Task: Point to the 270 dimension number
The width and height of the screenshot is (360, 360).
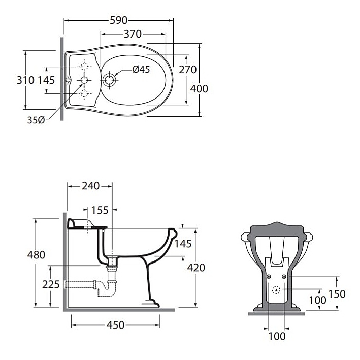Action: [187, 70]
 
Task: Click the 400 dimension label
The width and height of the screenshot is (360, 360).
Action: [199, 89]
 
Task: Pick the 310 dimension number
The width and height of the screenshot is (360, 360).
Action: [25, 80]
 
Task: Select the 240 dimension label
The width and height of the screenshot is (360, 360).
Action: [90, 186]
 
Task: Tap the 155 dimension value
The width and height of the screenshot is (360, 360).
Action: [100, 210]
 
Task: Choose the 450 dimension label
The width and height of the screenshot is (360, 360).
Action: [116, 325]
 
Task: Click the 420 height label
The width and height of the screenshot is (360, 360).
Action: [195, 267]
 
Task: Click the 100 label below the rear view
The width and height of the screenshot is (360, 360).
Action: [276, 336]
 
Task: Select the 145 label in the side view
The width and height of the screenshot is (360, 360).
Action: [183, 244]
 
